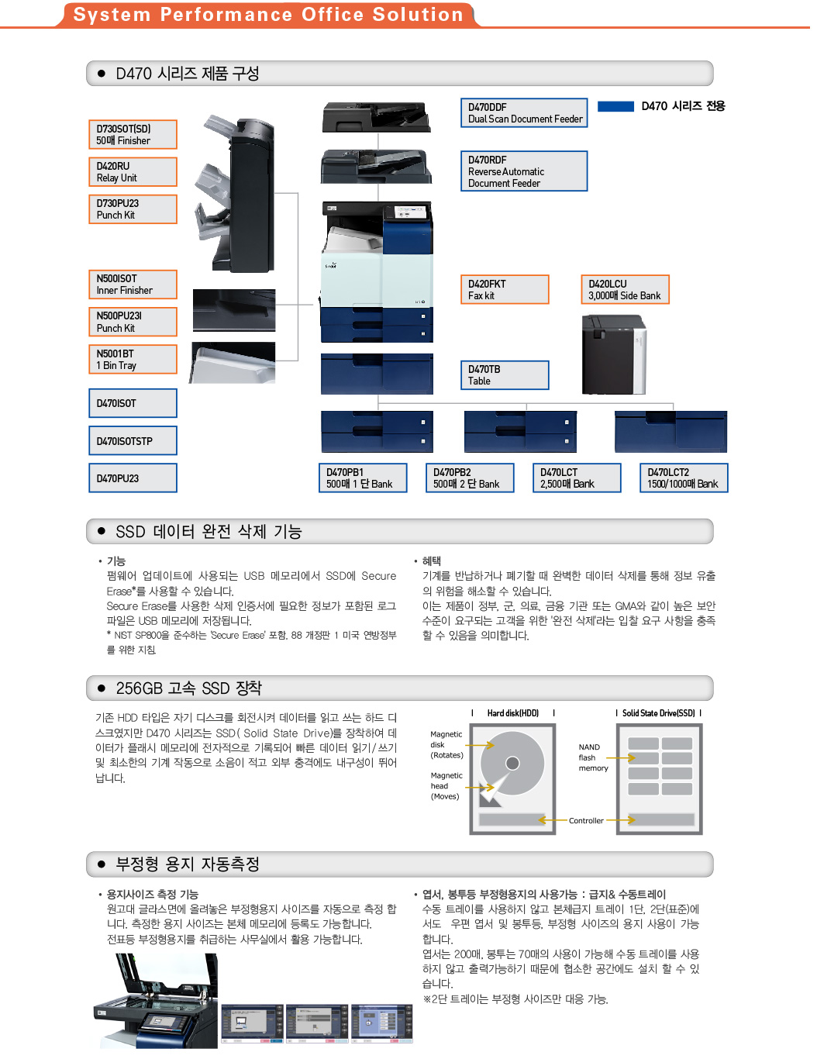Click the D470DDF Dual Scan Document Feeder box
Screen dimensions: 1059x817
point(524,113)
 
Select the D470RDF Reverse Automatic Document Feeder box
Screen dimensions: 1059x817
point(524,171)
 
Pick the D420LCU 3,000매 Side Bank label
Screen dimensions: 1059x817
point(624,290)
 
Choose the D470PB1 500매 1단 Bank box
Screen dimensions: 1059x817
point(363,478)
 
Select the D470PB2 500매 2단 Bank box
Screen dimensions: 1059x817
point(470,478)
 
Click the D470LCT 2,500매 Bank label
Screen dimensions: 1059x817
point(577,478)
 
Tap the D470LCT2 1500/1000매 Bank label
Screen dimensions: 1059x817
point(684,478)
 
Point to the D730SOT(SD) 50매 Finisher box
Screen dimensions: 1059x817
point(133,135)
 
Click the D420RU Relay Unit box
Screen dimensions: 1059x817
point(133,172)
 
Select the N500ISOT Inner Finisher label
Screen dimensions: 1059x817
point(133,285)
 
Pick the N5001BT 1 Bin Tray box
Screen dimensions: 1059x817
point(133,360)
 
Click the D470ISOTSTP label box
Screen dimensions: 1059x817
point(133,441)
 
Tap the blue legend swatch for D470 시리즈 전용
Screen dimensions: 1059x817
point(616,107)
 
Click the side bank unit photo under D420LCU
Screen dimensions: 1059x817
point(613,355)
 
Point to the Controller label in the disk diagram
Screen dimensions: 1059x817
point(586,821)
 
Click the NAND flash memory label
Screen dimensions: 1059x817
point(593,758)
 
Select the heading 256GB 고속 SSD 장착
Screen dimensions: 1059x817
point(189,688)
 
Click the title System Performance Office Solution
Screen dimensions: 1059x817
point(268,15)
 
